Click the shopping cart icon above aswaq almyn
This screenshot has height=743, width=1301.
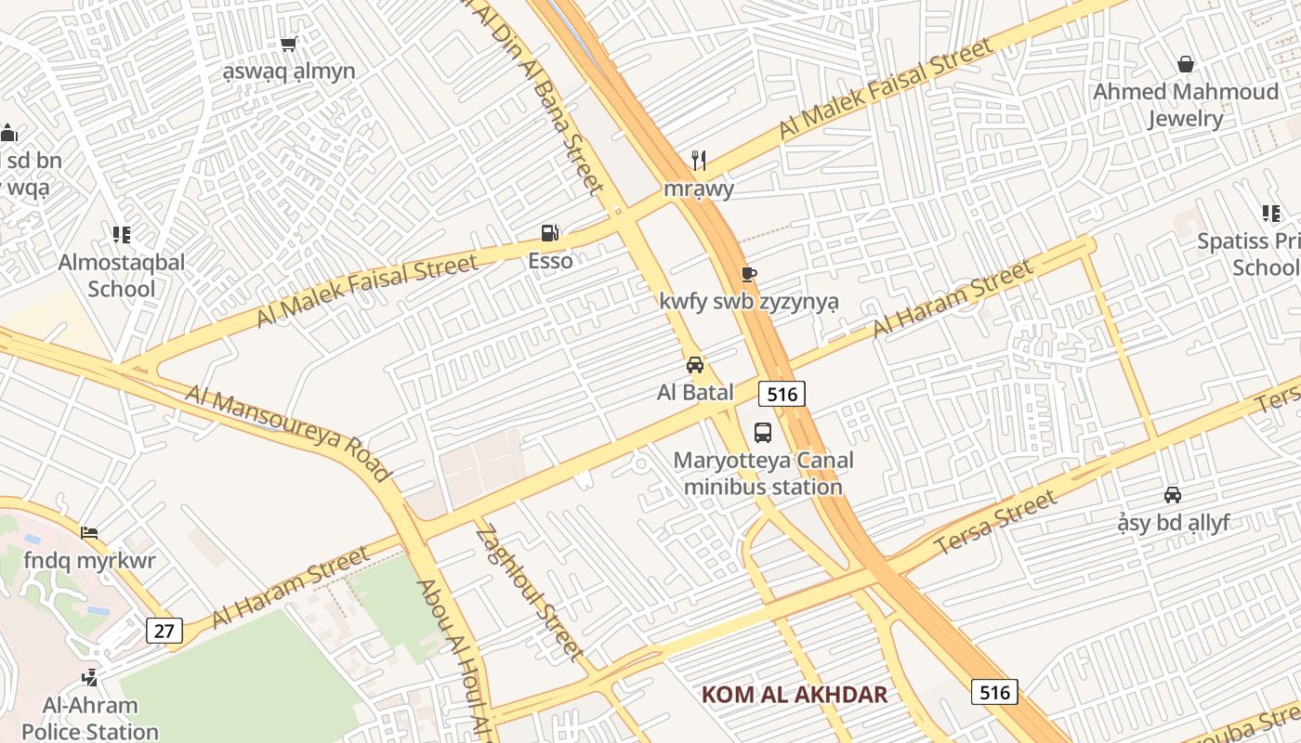(x=288, y=44)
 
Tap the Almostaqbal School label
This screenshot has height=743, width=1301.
(x=122, y=275)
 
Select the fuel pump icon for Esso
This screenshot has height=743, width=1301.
(x=550, y=233)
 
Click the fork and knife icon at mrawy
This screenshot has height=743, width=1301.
(x=699, y=161)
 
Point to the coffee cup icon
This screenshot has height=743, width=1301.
(x=748, y=274)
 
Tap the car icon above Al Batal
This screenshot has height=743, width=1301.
(x=695, y=365)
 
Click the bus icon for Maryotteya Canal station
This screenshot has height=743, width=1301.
(x=763, y=432)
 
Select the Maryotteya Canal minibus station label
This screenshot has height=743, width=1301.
(x=763, y=474)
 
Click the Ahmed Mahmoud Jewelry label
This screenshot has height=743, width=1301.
(x=1185, y=105)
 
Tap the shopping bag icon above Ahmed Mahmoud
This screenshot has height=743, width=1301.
(x=1186, y=64)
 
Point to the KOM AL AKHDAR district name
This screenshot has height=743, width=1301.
(x=795, y=695)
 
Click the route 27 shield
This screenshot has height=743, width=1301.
(x=164, y=632)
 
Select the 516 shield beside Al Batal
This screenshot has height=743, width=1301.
(x=782, y=394)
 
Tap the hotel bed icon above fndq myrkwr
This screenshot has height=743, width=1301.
(x=89, y=533)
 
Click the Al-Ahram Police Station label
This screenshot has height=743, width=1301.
(x=90, y=719)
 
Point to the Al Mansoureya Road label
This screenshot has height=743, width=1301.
(x=289, y=433)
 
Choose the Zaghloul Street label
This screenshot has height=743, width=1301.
(x=530, y=593)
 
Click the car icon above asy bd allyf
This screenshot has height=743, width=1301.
(x=1173, y=495)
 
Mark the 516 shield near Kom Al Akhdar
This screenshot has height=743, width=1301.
(x=994, y=692)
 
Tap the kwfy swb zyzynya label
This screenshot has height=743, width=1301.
(x=749, y=302)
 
